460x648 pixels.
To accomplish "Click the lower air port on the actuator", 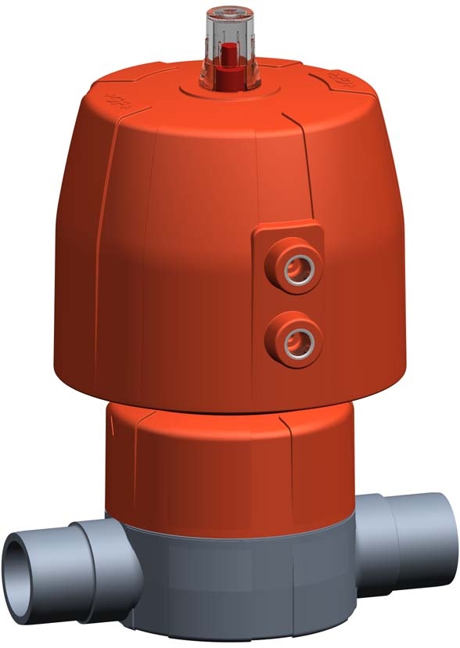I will click(x=296, y=338).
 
